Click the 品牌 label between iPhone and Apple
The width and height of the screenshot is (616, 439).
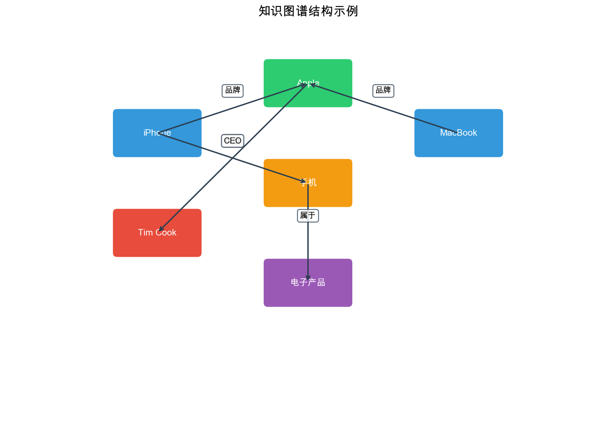(233, 91)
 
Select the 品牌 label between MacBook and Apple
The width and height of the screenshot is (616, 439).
(383, 91)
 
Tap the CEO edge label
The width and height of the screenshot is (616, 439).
(233, 141)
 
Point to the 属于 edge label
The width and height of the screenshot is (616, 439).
(308, 216)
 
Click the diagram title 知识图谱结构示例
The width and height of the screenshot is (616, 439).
(308, 11)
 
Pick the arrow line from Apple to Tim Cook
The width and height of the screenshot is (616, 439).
(259, 131)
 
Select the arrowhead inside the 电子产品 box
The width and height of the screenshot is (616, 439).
(308, 278)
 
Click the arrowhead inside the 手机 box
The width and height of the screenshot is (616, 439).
(303, 181)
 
